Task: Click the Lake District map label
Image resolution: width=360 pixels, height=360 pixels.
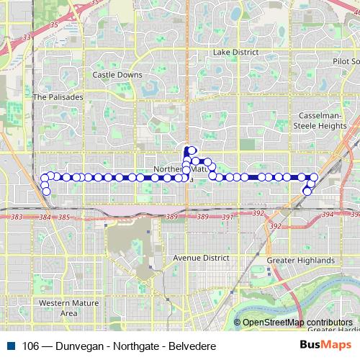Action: tap(230, 53)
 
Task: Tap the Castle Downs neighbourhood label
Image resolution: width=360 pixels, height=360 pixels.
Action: tap(117, 74)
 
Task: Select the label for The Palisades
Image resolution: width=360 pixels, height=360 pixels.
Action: tap(58, 96)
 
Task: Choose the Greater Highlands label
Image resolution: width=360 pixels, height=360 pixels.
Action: tap(300, 260)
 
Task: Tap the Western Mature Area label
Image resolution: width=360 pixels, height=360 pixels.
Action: tap(68, 307)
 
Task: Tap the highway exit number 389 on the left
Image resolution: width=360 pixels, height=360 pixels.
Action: tap(171, 217)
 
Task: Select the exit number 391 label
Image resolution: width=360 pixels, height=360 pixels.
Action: tap(228, 217)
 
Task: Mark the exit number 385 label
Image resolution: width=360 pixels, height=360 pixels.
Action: tap(64, 217)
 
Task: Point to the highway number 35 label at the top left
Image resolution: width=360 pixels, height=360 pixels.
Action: tap(53, 24)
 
